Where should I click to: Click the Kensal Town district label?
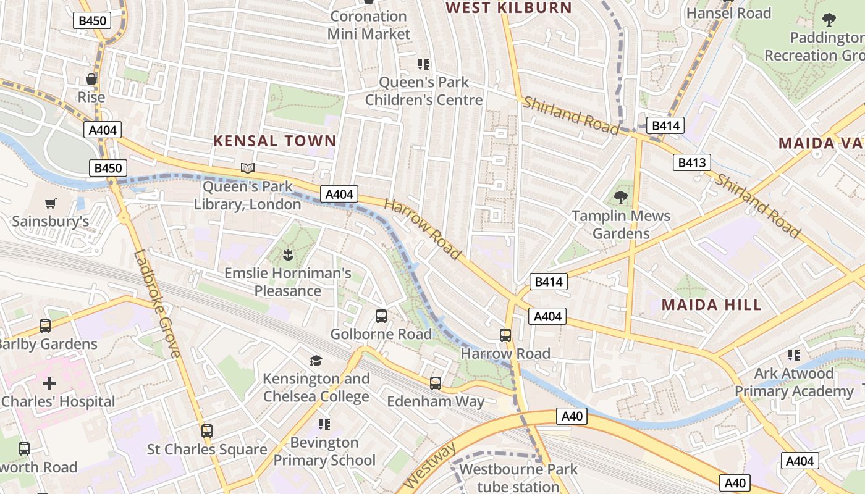click(274, 141)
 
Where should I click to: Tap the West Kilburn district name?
click(509, 8)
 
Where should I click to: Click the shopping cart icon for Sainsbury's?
click(51, 203)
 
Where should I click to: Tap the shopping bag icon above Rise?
click(91, 79)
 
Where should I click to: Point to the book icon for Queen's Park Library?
click(248, 168)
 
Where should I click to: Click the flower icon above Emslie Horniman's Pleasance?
click(287, 254)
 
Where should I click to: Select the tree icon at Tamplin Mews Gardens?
click(620, 198)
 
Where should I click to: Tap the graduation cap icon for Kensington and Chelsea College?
click(316, 361)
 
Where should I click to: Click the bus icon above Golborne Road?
click(381, 316)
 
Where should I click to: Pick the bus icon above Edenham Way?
click(436, 383)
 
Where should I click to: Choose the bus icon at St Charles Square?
click(207, 431)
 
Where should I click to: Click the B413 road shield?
click(691, 162)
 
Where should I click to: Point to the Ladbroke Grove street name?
click(157, 303)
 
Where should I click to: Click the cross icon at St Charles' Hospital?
click(49, 383)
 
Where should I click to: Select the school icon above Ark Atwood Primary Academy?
click(794, 355)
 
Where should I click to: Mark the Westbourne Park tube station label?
click(518, 478)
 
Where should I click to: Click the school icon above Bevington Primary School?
click(324, 424)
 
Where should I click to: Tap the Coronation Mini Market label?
click(369, 25)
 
